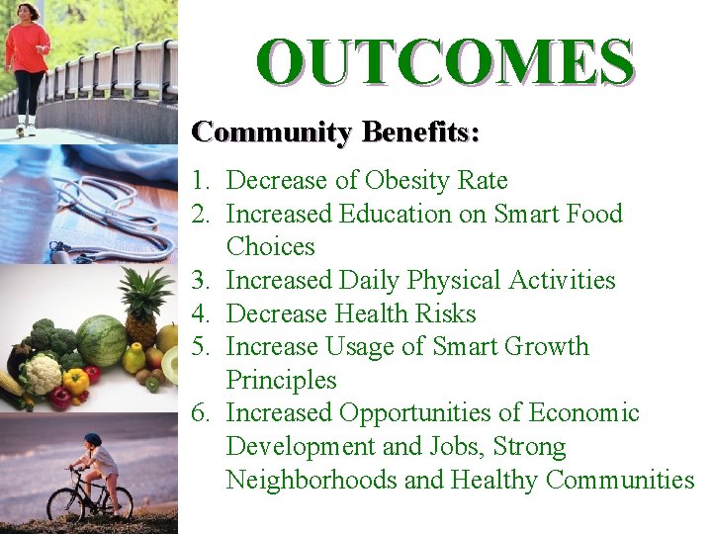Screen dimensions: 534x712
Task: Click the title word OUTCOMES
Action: point(444,61)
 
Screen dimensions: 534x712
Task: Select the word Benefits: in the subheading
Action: point(420,132)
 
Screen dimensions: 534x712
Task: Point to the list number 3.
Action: point(202,281)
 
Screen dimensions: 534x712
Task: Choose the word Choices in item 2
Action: point(270,247)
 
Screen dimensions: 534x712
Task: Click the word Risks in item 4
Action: point(448,314)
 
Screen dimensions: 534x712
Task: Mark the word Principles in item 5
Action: point(281,381)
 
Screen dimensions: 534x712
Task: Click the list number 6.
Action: point(202,413)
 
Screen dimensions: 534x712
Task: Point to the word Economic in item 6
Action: point(583,413)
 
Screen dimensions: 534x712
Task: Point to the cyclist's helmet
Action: point(92,439)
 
